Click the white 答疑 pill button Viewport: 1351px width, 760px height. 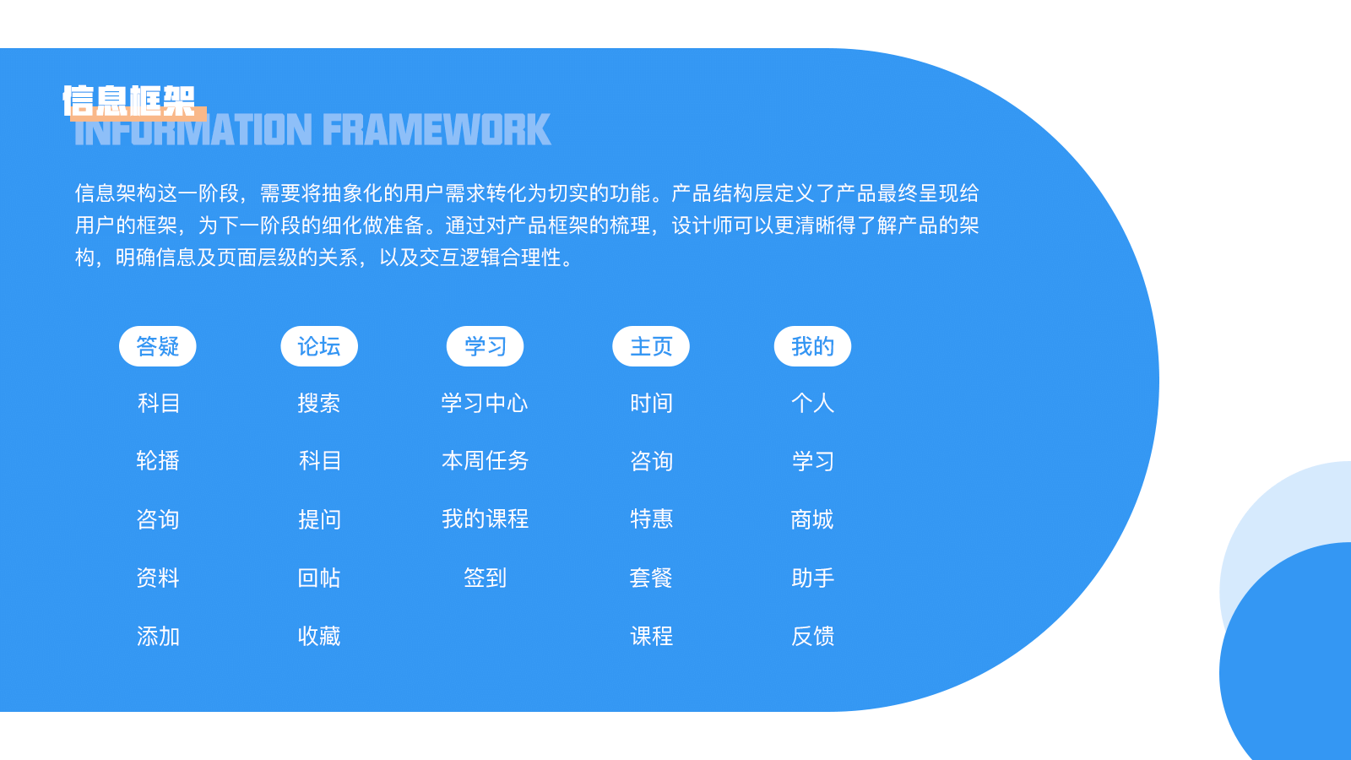pyautogui.click(x=157, y=346)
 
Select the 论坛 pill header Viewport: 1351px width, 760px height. pyautogui.click(x=319, y=346)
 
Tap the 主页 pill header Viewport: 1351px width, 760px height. pyautogui.click(x=651, y=346)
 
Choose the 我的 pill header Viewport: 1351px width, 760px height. pyautogui.click(x=812, y=346)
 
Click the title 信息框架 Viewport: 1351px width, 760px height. pyautogui.click(x=129, y=100)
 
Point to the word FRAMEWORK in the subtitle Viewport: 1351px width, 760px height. pyautogui.click(x=437, y=130)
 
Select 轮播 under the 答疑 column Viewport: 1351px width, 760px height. pyautogui.click(x=158, y=461)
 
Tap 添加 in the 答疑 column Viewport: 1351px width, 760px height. pyautogui.click(x=158, y=637)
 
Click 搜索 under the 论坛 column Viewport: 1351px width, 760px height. pyautogui.click(x=319, y=403)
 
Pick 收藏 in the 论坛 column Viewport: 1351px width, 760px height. pyautogui.click(x=319, y=637)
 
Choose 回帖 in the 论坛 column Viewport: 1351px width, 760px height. pyautogui.click(x=319, y=578)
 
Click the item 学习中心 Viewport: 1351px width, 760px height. pyautogui.click(x=485, y=403)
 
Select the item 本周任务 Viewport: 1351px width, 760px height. pyautogui.click(x=485, y=461)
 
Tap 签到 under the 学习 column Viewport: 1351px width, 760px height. pyautogui.click(x=485, y=578)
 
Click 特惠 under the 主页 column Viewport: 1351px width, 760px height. pyautogui.click(x=651, y=518)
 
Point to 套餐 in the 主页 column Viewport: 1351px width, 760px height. pyautogui.click(x=651, y=578)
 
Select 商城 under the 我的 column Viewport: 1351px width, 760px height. pyautogui.click(x=812, y=519)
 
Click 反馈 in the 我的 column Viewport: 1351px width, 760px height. pyautogui.click(x=812, y=637)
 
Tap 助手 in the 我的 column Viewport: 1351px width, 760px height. pyautogui.click(x=812, y=578)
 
